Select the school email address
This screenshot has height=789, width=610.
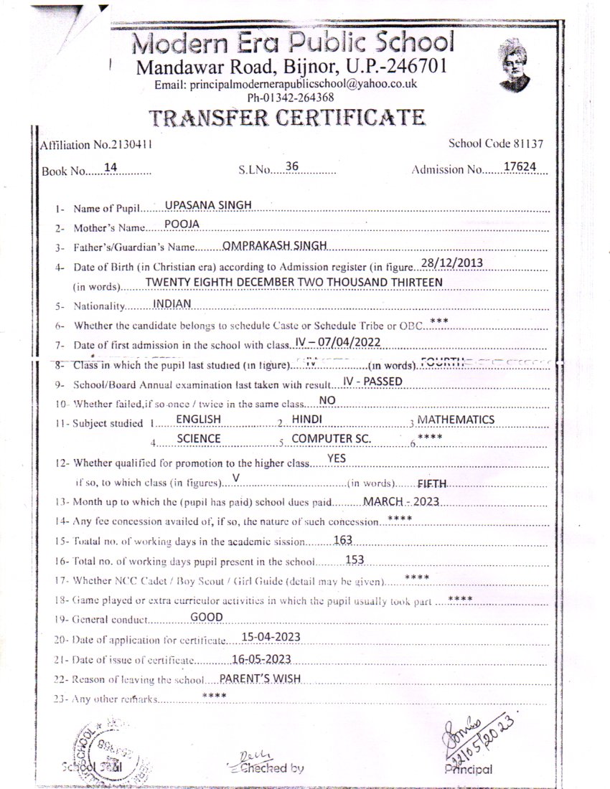(286, 85)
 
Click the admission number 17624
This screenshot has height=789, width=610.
(520, 166)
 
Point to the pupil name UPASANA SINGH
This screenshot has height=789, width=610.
(208, 204)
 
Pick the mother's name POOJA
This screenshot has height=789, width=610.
(181, 224)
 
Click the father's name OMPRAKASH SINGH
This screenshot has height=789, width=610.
(275, 245)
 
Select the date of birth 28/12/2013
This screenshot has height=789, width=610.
(452, 263)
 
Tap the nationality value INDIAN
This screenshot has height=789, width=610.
(172, 303)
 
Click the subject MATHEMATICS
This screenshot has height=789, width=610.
(456, 419)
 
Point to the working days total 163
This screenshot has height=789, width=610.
(343, 539)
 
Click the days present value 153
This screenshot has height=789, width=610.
(355, 559)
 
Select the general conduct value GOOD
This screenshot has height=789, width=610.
(206, 617)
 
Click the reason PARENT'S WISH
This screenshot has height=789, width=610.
(260, 678)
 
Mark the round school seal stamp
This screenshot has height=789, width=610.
(108, 746)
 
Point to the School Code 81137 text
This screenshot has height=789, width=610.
(495, 143)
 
